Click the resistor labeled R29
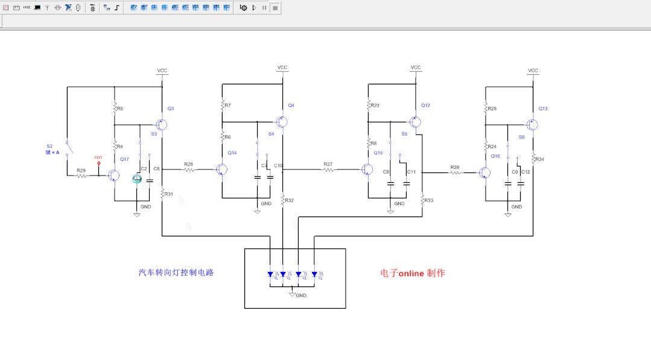click(x=81, y=175)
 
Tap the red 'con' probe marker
click(x=99, y=163)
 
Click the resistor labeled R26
click(x=189, y=170)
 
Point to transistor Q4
click(x=281, y=122)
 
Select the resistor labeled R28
click(x=455, y=172)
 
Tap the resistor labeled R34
click(x=533, y=159)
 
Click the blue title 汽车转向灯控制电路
click(x=176, y=273)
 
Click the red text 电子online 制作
click(x=413, y=273)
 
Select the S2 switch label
click(x=49, y=147)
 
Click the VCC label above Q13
click(x=533, y=71)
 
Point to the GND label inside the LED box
click(x=301, y=295)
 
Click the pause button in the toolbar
click(x=264, y=8)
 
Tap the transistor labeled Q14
click(x=221, y=170)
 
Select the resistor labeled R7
click(x=222, y=105)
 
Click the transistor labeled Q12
click(x=415, y=122)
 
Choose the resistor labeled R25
click(x=485, y=108)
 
